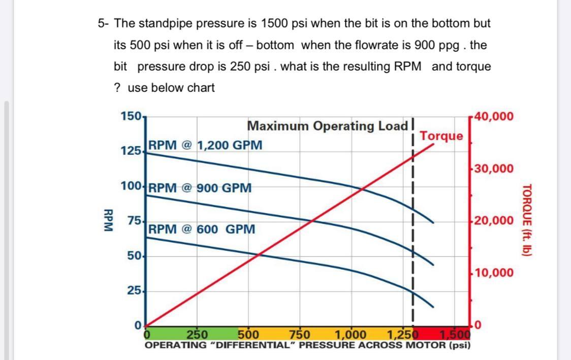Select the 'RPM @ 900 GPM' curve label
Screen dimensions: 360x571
(201, 188)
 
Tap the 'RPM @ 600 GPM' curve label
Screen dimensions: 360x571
(202, 229)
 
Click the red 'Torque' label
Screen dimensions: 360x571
(441, 136)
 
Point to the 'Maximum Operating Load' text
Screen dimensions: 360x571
(328, 125)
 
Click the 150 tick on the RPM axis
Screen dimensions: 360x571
(131, 116)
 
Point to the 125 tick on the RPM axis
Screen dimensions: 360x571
(131, 151)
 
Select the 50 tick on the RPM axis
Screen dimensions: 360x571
(134, 255)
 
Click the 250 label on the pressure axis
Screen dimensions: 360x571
(198, 335)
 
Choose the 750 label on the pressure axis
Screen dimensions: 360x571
(299, 335)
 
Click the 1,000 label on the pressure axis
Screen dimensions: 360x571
(351, 335)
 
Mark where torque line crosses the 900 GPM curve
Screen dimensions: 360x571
(313, 220)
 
